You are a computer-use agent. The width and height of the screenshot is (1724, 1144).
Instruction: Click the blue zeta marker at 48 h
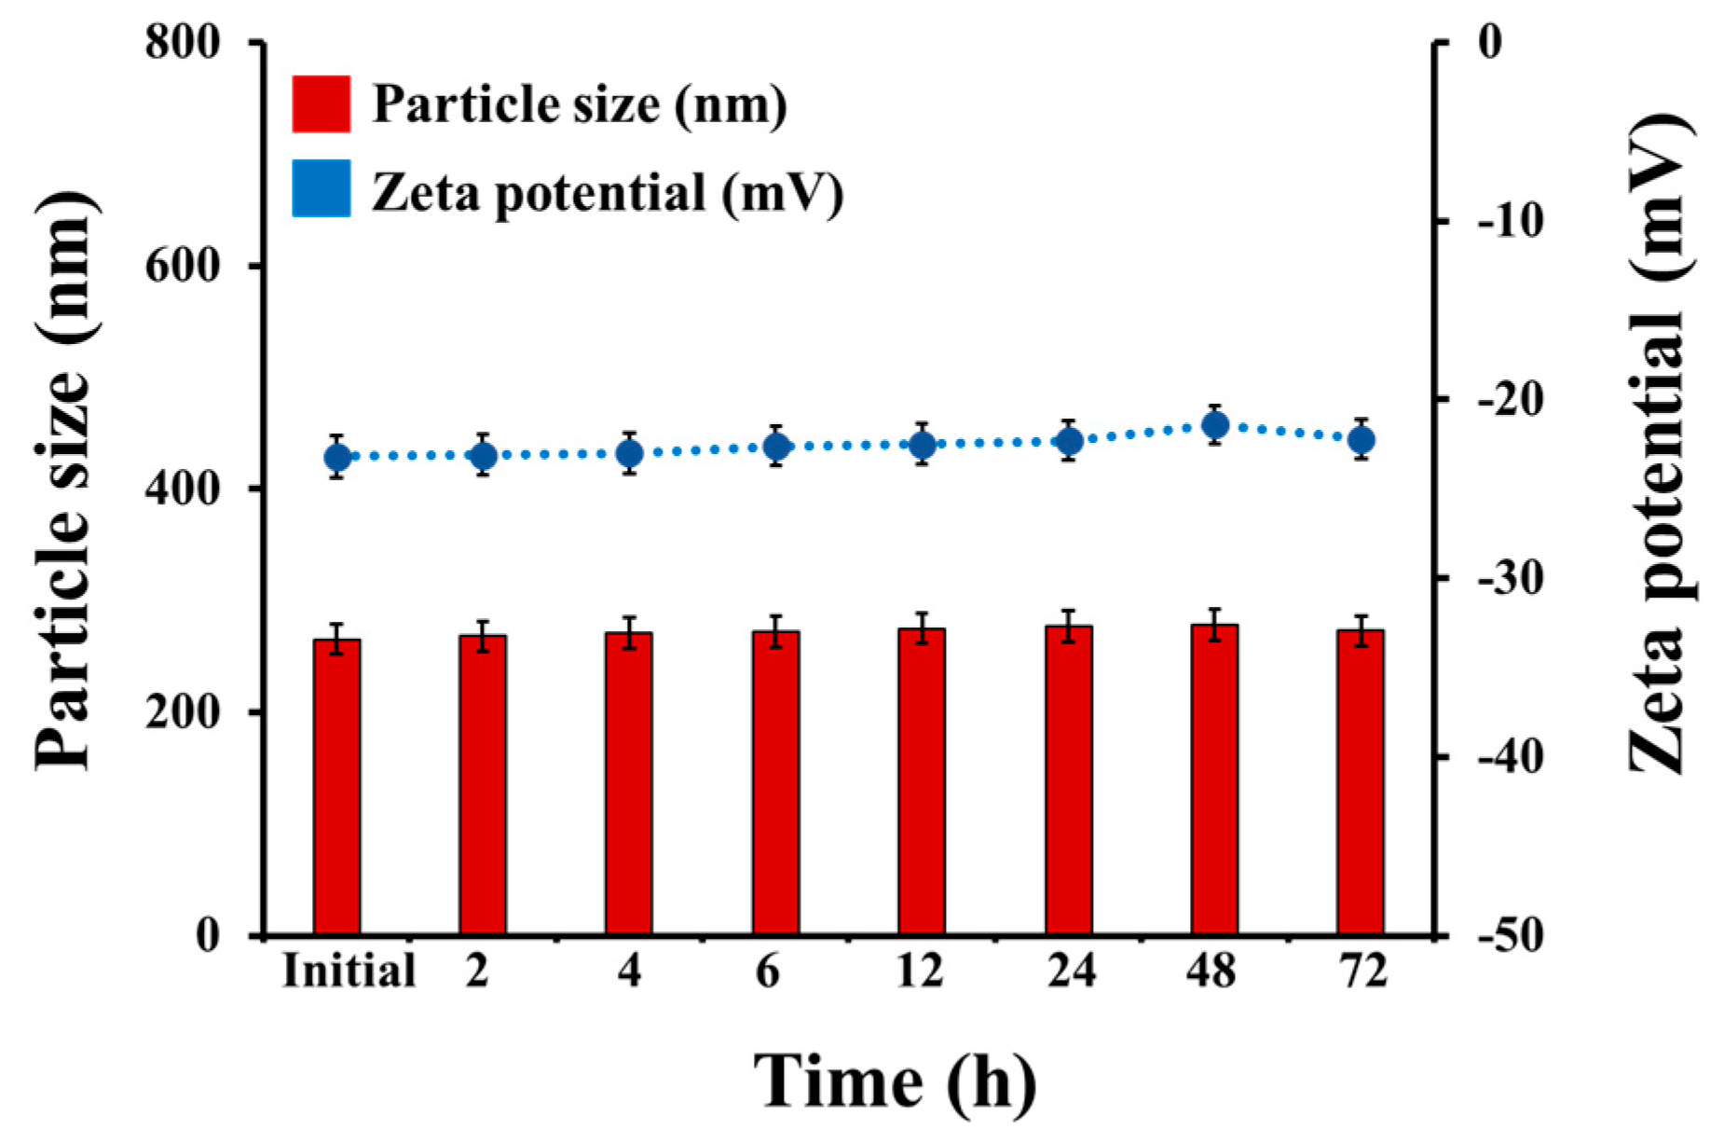tap(1214, 426)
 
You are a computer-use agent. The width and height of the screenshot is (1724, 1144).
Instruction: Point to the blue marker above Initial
tap(337, 458)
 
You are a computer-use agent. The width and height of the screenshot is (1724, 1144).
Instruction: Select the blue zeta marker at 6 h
tap(776, 447)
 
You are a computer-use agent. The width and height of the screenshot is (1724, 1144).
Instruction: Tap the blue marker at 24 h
tap(1069, 440)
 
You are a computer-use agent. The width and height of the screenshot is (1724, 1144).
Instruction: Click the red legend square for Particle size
tap(321, 103)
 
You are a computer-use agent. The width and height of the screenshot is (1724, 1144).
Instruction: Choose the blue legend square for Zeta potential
tap(321, 188)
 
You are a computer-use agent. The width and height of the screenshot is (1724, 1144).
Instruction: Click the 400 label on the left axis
tap(183, 489)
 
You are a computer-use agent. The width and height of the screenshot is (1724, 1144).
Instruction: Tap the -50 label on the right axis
tap(1510, 935)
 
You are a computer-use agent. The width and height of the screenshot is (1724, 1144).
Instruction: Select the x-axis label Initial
tap(349, 972)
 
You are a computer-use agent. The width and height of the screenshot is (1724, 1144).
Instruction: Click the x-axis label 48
tap(1211, 972)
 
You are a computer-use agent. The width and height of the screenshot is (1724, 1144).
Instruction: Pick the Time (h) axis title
tap(894, 1082)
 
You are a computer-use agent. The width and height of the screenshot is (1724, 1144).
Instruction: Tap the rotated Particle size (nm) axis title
tap(65, 480)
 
